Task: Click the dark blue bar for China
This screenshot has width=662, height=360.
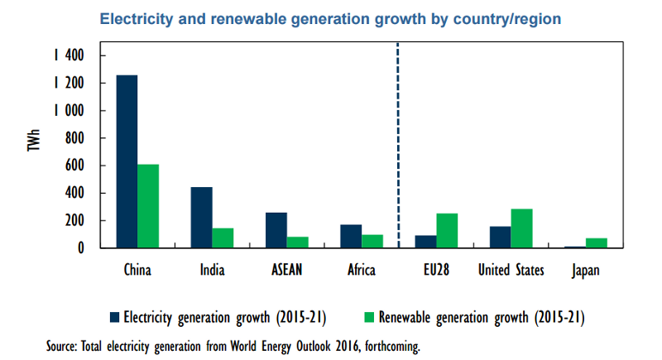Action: (127, 161)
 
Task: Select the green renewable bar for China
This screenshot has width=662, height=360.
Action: (148, 206)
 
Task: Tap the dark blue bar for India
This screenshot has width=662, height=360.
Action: (201, 218)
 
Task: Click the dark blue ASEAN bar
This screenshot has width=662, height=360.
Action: (276, 230)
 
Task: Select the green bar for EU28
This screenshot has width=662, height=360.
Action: (447, 231)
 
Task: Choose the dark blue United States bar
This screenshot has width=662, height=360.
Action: (500, 237)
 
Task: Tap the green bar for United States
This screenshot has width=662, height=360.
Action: (521, 228)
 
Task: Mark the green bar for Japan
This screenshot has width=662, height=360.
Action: (597, 243)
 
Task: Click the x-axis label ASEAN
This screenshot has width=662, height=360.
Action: (287, 270)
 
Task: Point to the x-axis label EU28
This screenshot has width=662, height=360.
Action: (436, 270)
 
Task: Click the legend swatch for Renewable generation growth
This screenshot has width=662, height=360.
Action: (369, 316)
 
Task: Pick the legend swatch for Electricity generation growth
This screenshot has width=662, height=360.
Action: (114, 316)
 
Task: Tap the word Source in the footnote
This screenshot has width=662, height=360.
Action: (64, 346)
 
